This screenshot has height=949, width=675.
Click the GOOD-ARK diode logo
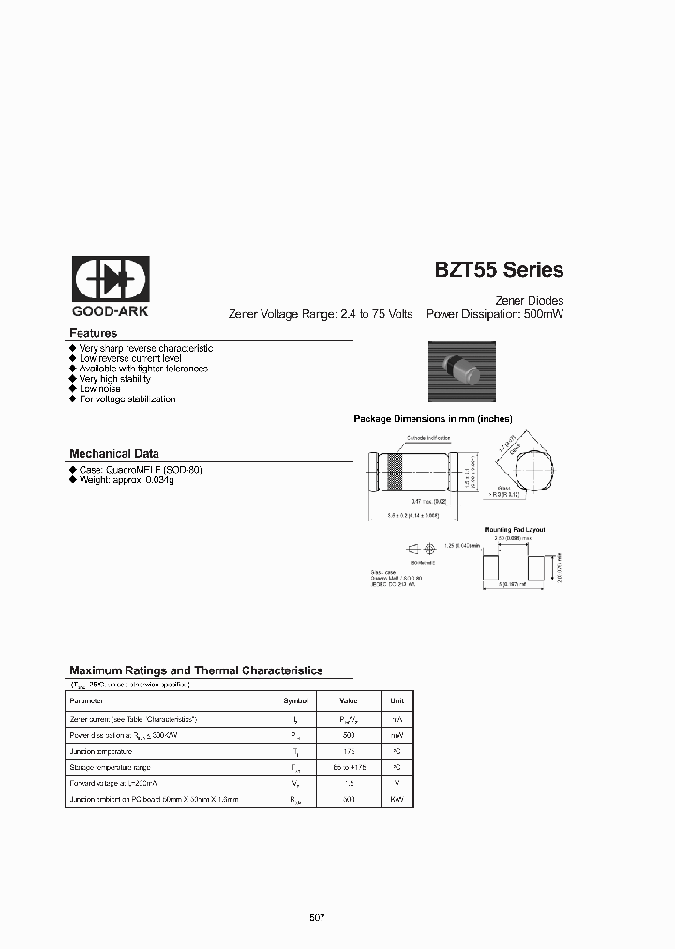[111, 279]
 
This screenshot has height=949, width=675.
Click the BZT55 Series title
[498, 270]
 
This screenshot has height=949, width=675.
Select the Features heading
[93, 333]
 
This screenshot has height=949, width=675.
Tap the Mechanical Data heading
[114, 453]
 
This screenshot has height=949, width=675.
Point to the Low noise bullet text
[101, 388]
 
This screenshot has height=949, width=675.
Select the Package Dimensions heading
[432, 419]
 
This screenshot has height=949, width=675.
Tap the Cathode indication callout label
[427, 437]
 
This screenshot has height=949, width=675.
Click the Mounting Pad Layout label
[514, 530]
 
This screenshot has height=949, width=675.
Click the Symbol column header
[295, 700]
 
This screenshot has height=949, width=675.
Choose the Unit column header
[397, 700]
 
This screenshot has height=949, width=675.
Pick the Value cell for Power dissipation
[348, 735]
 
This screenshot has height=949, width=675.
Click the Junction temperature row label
[101, 752]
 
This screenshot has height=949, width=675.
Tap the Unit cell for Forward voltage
[397, 782]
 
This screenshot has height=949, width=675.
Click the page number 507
[316, 916]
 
